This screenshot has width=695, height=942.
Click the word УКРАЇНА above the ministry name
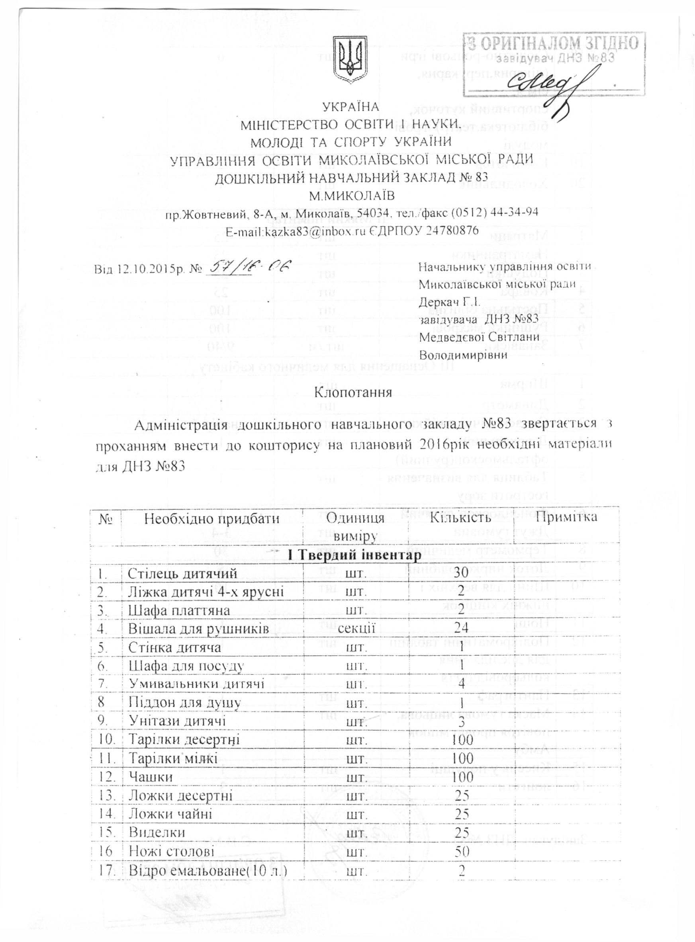pyautogui.click(x=351, y=107)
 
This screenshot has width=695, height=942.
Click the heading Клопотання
pyautogui.click(x=353, y=393)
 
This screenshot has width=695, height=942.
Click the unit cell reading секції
pyautogui.click(x=357, y=629)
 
